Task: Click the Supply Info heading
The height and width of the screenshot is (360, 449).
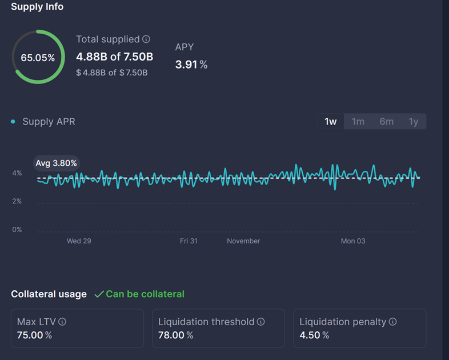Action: [x=37, y=7]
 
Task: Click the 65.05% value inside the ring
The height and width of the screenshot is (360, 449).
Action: [x=38, y=58]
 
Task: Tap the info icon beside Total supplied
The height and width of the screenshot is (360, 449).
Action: [x=146, y=39]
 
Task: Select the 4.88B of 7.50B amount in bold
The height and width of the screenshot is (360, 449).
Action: [x=114, y=57]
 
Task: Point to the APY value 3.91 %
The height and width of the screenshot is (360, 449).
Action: [x=191, y=65]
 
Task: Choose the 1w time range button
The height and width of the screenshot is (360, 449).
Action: [x=331, y=121]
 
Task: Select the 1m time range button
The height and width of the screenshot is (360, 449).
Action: [x=358, y=121]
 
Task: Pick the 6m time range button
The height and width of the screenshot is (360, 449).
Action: [x=386, y=121]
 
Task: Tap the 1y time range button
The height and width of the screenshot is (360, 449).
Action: [x=413, y=121]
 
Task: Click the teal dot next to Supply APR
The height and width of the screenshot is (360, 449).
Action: [x=13, y=122]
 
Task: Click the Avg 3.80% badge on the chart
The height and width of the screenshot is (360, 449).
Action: [x=56, y=163]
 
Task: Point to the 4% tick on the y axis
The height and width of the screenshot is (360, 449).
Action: [x=17, y=173]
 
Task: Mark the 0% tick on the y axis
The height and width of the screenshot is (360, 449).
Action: [x=17, y=229]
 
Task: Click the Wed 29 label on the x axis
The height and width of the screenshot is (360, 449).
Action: [x=79, y=241]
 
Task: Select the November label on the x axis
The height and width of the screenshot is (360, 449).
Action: [x=243, y=241]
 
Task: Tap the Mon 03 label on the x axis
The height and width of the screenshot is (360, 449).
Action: [x=352, y=241]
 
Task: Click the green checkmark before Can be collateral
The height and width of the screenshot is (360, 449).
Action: [x=99, y=294]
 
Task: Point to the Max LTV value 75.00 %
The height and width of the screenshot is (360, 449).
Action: [x=34, y=335]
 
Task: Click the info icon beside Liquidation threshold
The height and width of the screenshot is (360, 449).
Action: [x=260, y=322]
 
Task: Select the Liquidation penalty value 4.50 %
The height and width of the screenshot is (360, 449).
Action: [x=314, y=335]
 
